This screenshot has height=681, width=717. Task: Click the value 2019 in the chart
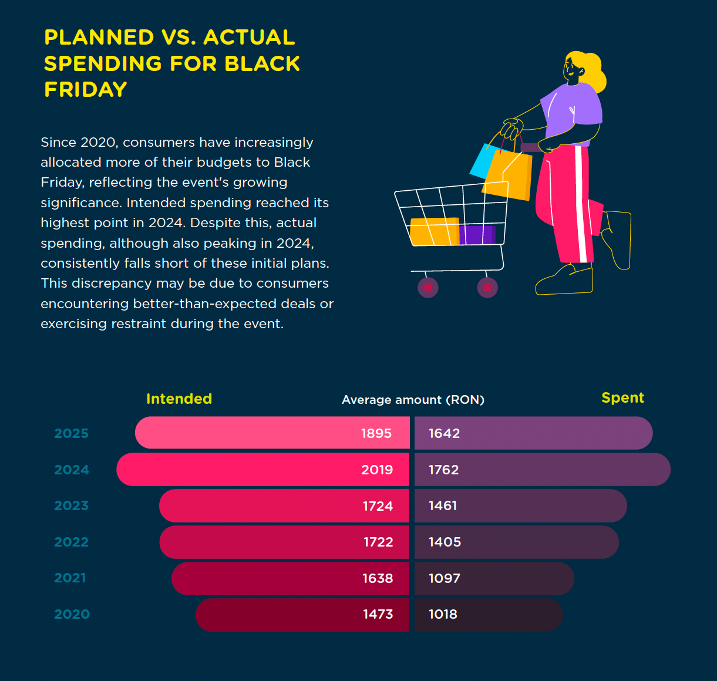pyautogui.click(x=377, y=470)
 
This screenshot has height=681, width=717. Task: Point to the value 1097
pyautogui.click(x=445, y=578)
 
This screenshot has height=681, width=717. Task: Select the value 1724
pyautogui.click(x=378, y=506)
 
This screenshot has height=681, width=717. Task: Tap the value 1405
pyautogui.click(x=445, y=542)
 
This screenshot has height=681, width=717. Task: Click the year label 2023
pyautogui.click(x=72, y=506)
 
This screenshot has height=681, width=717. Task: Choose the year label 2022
pyautogui.click(x=72, y=542)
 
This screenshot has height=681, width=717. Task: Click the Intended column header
pyautogui.click(x=179, y=399)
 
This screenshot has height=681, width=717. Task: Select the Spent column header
pyautogui.click(x=622, y=398)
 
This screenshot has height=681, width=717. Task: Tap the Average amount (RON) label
pyautogui.click(x=413, y=400)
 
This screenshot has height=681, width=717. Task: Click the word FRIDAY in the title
pyautogui.click(x=86, y=89)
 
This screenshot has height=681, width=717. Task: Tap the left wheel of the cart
pyautogui.click(x=427, y=288)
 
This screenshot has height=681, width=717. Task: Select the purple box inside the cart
pyautogui.click(x=477, y=235)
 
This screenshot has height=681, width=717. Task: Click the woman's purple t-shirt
pyautogui.click(x=573, y=106)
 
